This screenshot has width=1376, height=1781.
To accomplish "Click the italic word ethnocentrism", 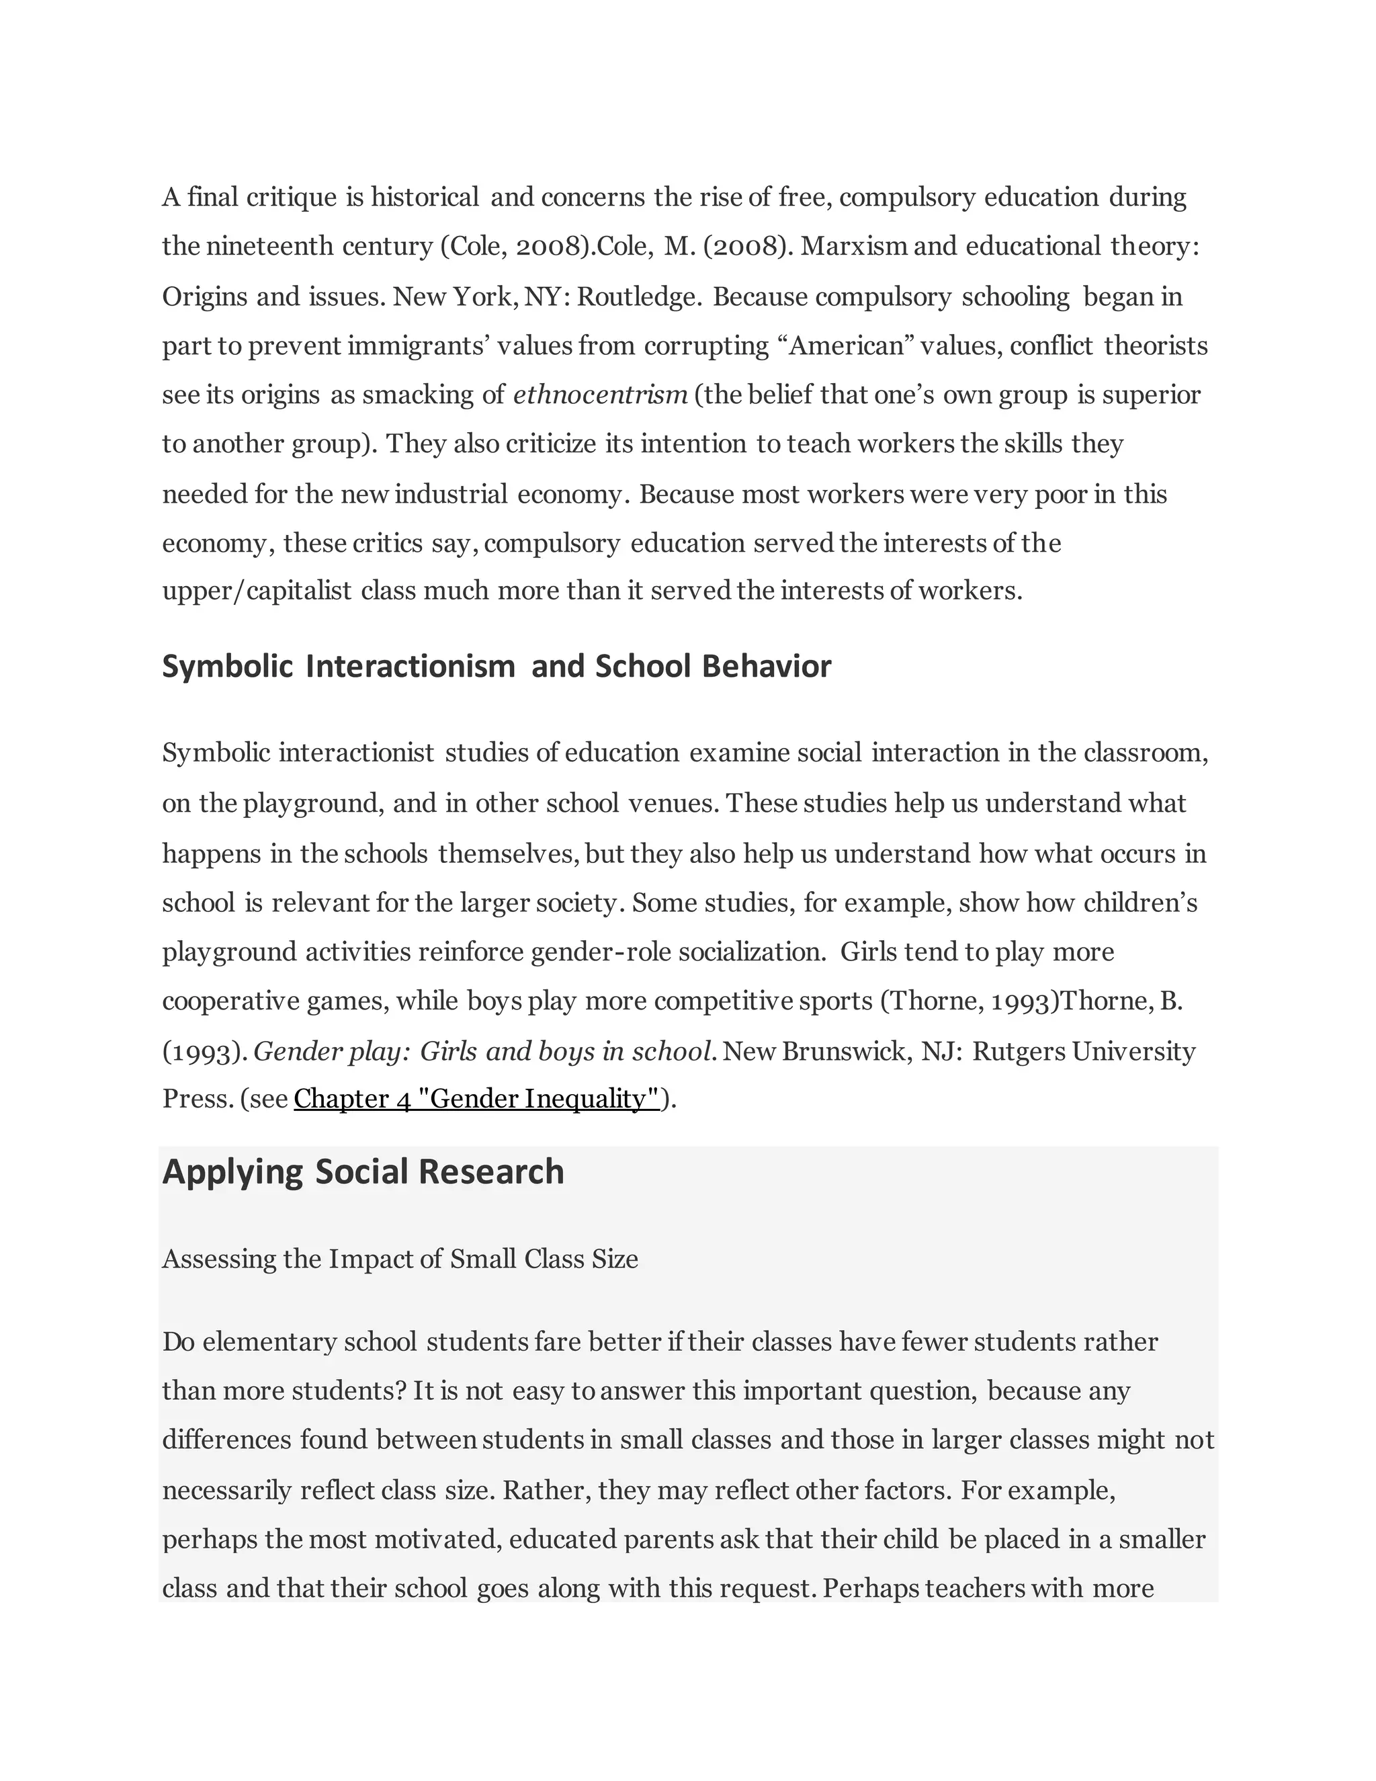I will [600, 395].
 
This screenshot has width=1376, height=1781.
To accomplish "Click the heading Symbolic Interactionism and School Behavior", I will [497, 666].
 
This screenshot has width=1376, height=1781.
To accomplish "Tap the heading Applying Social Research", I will [363, 1172].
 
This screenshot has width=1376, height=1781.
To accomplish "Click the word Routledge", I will [638, 297].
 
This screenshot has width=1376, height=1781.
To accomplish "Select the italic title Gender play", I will [331, 1052].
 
